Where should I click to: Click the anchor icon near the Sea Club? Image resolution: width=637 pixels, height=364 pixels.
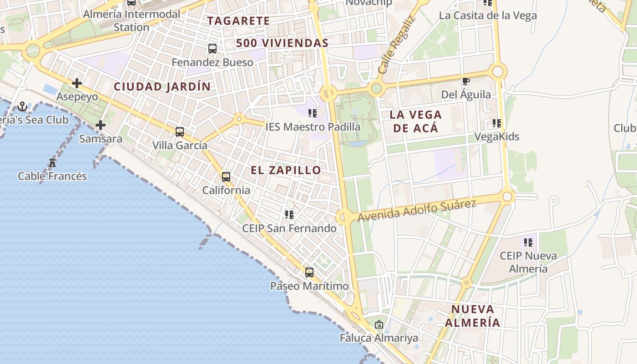[x=22, y=107]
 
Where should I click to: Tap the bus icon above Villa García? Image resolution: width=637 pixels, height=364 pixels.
[x=180, y=132]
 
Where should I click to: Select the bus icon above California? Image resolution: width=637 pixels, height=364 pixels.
[x=226, y=177]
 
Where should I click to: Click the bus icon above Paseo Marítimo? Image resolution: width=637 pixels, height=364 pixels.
[x=309, y=273]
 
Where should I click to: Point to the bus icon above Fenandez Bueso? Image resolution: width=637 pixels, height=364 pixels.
[x=212, y=49]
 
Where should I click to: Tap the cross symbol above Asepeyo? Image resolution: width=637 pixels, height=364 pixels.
[x=77, y=83]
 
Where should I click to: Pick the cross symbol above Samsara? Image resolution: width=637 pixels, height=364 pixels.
[x=101, y=125]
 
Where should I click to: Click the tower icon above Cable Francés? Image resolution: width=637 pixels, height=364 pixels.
[x=52, y=162]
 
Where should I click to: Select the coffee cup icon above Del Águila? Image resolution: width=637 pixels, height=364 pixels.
[x=466, y=81]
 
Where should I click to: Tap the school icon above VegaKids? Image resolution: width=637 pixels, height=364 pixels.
[x=497, y=123]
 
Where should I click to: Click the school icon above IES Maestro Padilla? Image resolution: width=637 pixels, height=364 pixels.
[x=313, y=113]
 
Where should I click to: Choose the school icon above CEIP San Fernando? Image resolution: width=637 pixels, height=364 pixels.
[x=289, y=215]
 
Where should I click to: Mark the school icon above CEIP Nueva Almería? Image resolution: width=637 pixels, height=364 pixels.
[x=528, y=243]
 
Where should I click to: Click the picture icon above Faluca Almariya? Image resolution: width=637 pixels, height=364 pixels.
[x=379, y=325]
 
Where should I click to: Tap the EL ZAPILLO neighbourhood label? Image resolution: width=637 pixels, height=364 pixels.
[x=286, y=170]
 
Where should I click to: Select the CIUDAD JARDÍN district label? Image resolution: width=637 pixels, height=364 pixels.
[x=162, y=86]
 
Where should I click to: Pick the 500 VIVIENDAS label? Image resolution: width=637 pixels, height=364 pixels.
[x=282, y=43]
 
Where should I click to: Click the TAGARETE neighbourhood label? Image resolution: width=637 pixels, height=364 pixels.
[x=239, y=21]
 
